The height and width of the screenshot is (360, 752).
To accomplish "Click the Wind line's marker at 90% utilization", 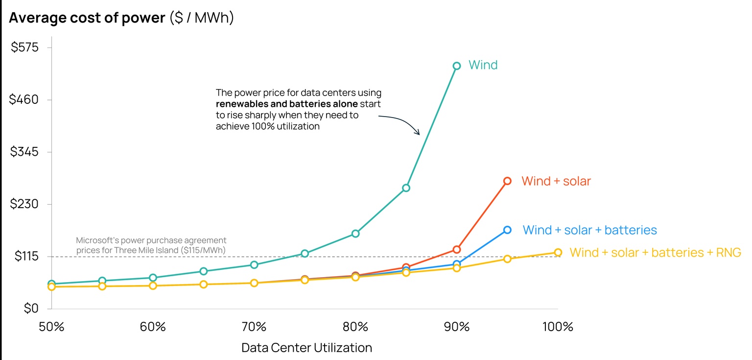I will point(456,66).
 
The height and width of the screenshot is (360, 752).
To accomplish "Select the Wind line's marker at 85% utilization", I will point(406,188).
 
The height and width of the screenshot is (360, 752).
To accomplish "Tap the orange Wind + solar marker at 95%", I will point(507,181).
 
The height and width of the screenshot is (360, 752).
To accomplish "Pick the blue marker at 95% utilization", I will point(507,230).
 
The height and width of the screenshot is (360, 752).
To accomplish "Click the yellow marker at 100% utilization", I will point(558,253).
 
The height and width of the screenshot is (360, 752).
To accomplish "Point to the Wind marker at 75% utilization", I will point(305,253).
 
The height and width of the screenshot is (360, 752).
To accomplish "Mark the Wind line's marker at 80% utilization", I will point(355,234).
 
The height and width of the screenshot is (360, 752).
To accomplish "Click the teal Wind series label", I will point(483,65).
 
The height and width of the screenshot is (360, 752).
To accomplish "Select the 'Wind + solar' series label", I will point(556,181).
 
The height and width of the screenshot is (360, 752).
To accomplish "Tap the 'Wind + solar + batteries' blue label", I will point(589,230).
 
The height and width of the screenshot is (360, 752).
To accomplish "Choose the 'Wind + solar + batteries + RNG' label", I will point(655,253).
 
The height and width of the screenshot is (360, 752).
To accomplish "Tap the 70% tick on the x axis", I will point(254,327).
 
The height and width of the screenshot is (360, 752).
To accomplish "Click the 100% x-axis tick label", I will point(558,327).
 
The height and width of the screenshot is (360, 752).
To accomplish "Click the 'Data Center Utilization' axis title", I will point(306,348).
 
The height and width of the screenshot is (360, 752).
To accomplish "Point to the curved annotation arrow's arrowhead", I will point(418,133).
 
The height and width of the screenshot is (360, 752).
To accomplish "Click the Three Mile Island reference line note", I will point(151,245).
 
